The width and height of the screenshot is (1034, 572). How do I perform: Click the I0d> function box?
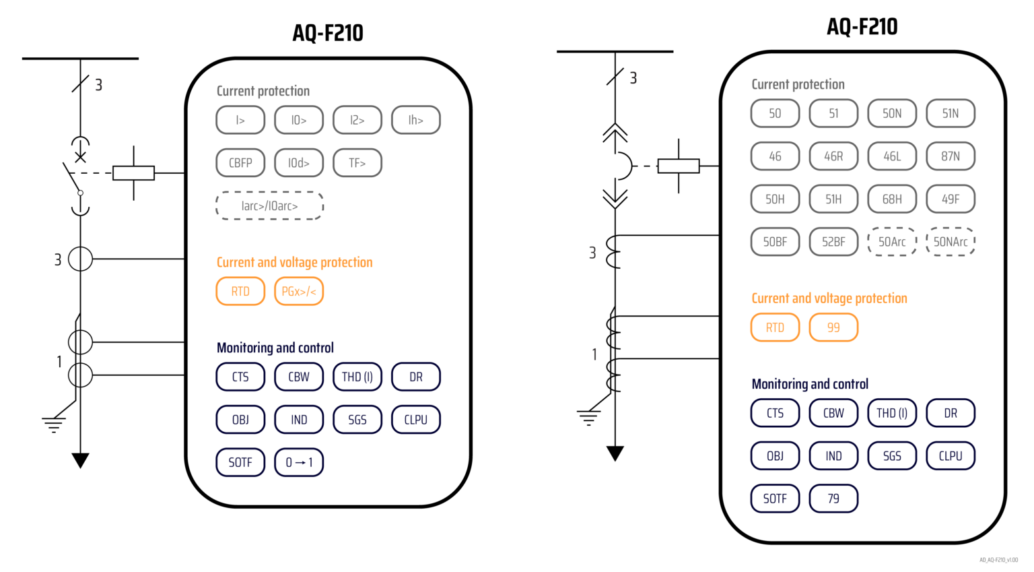[299, 163]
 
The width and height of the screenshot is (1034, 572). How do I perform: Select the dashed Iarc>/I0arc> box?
[269, 206]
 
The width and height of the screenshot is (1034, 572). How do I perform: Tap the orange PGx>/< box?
[299, 292]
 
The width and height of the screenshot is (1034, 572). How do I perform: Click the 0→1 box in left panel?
[299, 463]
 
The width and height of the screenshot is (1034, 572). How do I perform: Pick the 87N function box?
[951, 156]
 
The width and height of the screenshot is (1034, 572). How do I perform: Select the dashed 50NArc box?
[951, 242]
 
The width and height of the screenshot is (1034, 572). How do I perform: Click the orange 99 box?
[833, 328]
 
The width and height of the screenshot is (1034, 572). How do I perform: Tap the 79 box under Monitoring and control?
[833, 499]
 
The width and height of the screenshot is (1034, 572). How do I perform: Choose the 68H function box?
[892, 199]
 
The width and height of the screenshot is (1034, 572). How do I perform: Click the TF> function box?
[357, 163]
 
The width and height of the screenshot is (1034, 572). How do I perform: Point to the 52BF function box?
[833, 242]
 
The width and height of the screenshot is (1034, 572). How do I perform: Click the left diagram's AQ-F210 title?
[328, 33]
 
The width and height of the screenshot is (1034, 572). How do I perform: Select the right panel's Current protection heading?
[798, 84]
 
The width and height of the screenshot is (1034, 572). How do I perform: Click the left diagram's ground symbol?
[53, 424]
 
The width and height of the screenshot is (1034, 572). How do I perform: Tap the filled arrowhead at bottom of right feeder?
[615, 453]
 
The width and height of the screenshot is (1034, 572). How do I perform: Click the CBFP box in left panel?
[240, 163]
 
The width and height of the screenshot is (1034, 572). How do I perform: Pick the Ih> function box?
[416, 121]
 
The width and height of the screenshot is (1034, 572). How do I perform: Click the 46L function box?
[892, 156]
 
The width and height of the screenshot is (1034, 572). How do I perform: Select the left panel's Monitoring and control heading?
[275, 348]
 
